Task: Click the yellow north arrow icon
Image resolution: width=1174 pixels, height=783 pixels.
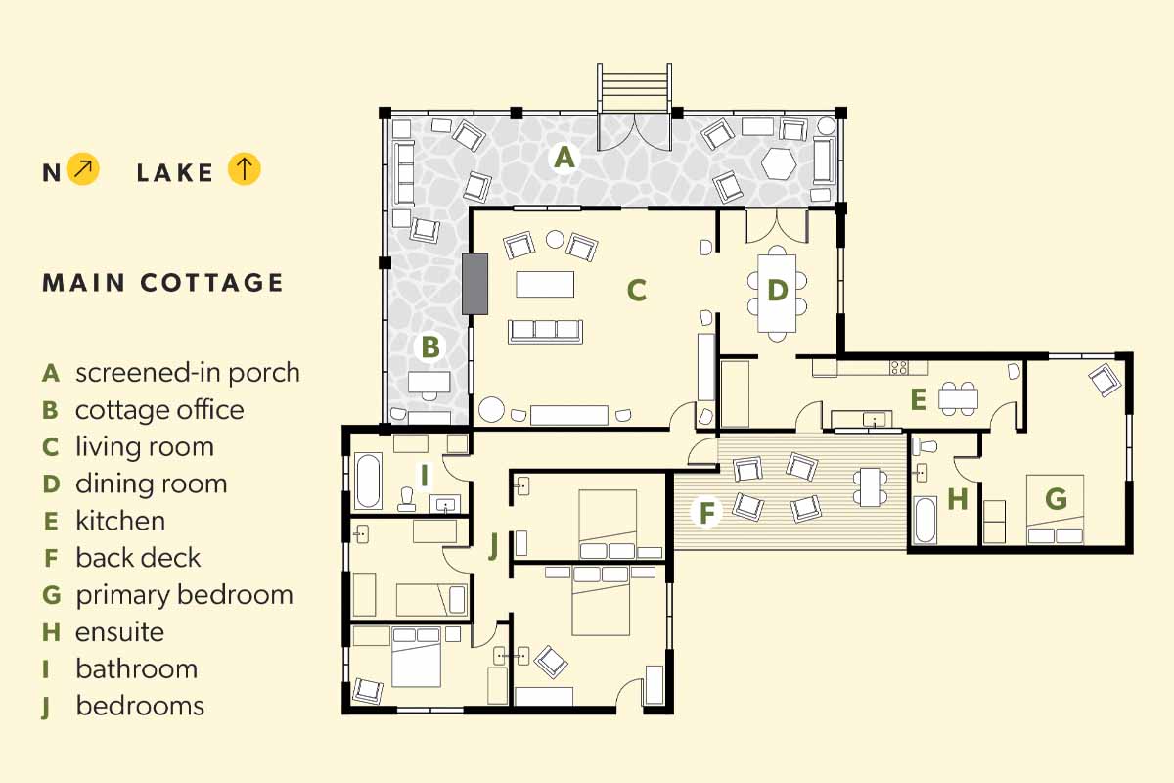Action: [83, 169]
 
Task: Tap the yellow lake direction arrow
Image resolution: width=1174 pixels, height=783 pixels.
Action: [244, 169]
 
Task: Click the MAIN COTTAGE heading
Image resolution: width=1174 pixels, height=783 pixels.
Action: [162, 283]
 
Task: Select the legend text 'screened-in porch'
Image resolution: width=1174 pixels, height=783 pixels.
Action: [188, 373]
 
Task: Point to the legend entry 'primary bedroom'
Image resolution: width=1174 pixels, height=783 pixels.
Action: [185, 595]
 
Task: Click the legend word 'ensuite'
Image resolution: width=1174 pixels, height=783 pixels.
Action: [120, 632]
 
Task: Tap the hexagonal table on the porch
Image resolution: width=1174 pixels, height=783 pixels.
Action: [779, 163]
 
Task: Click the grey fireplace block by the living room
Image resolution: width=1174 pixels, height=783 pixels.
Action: [474, 284]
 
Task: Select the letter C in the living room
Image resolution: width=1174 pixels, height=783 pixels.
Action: [637, 290]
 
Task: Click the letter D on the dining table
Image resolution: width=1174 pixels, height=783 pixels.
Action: [777, 291]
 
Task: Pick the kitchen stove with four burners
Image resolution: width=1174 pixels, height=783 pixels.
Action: [899, 367]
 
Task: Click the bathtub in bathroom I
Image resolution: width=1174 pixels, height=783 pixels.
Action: [368, 481]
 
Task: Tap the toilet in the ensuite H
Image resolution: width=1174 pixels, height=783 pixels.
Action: [924, 447]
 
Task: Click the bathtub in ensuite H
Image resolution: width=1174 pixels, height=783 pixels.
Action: [925, 520]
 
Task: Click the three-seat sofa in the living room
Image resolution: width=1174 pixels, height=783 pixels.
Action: [545, 331]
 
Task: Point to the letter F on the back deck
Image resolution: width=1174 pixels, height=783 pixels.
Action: [707, 513]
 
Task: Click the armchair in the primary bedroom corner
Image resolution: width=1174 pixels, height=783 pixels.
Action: [1105, 380]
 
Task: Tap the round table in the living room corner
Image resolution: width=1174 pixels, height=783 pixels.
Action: [491, 409]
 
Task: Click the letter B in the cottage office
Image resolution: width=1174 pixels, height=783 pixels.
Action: [430, 346]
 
